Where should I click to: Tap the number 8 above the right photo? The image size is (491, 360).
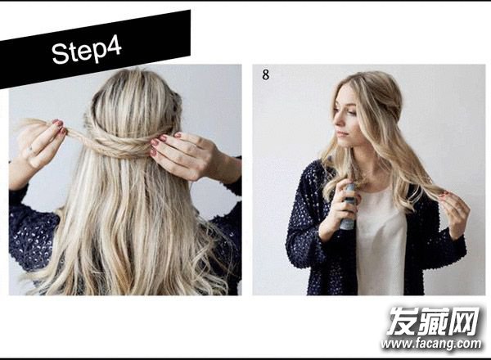265,74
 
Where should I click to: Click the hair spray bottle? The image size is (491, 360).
349,207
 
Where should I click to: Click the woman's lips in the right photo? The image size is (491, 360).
341,133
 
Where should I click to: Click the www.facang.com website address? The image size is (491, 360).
431,344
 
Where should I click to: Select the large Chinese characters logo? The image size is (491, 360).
434,321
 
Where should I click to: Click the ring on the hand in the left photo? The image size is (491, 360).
30,150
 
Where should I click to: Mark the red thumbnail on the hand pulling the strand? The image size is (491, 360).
57,123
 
